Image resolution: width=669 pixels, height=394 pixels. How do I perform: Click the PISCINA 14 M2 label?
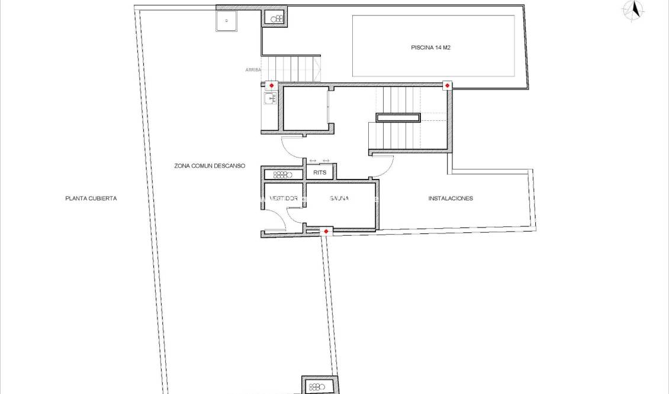point(432,47)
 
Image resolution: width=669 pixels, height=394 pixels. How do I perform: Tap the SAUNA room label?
point(339,198)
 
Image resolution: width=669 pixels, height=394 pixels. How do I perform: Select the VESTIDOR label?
point(283,198)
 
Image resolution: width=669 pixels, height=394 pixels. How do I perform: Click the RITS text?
point(320,173)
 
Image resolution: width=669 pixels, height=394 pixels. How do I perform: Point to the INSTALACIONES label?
point(451,198)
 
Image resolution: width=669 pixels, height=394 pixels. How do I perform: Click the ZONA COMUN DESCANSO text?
point(210,166)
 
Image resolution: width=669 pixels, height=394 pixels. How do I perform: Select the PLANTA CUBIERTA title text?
point(91,198)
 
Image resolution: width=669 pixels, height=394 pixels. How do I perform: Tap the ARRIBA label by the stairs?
point(253,70)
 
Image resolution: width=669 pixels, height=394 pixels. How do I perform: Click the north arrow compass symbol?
point(635,10)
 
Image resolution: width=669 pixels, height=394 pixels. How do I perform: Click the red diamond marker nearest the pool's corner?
point(447,86)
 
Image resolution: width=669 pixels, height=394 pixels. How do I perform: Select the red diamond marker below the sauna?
point(326,231)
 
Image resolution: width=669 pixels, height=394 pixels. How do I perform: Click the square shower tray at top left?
point(226,21)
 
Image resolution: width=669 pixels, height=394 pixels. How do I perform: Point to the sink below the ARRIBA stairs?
point(270,98)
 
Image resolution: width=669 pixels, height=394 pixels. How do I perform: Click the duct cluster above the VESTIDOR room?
point(283,174)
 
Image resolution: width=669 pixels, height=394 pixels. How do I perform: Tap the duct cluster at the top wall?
point(276,19)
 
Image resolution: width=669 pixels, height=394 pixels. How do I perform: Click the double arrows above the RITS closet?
point(319,161)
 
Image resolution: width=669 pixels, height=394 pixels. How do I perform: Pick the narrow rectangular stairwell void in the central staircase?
point(398,117)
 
